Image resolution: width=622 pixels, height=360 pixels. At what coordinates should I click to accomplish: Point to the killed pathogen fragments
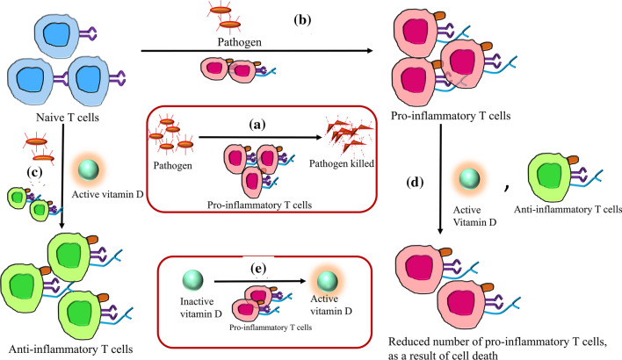point(348,140)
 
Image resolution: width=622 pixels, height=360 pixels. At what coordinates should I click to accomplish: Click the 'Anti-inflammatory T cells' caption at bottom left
point(69,348)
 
